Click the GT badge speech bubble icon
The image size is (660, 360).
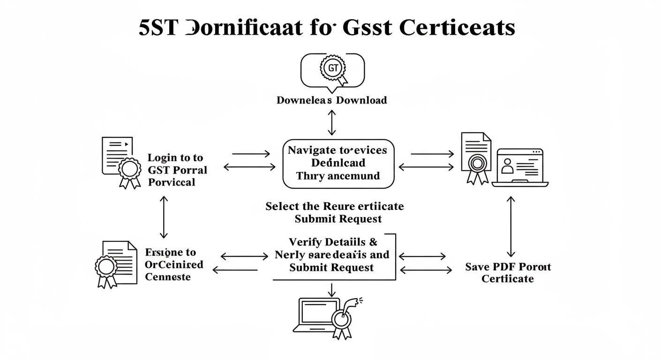pos(332,71)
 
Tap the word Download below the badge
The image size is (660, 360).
pos(364,100)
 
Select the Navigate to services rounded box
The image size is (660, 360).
pos(338,164)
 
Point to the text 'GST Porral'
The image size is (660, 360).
pos(177,170)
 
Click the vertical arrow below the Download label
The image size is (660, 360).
pos(332,123)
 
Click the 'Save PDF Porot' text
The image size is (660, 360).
pos(508,267)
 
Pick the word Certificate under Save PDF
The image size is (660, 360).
pos(508,279)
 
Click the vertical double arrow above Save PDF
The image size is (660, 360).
pos(511,226)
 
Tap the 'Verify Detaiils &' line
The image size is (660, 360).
pos(333,242)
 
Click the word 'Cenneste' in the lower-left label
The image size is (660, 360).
pos(168,277)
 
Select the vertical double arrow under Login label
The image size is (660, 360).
pos(164,217)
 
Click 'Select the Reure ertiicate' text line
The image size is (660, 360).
pos(334,206)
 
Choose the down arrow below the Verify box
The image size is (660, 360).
pos(332,290)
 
